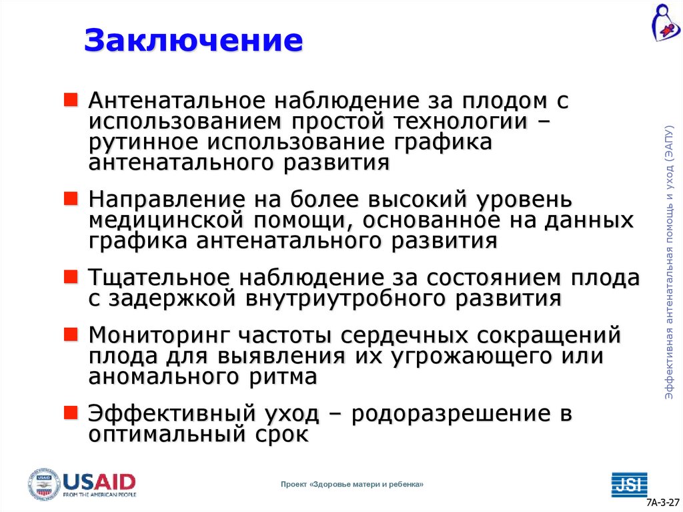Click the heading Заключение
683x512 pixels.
coord(193,40)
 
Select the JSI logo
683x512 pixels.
coord(629,484)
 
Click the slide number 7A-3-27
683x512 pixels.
coord(662,502)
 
